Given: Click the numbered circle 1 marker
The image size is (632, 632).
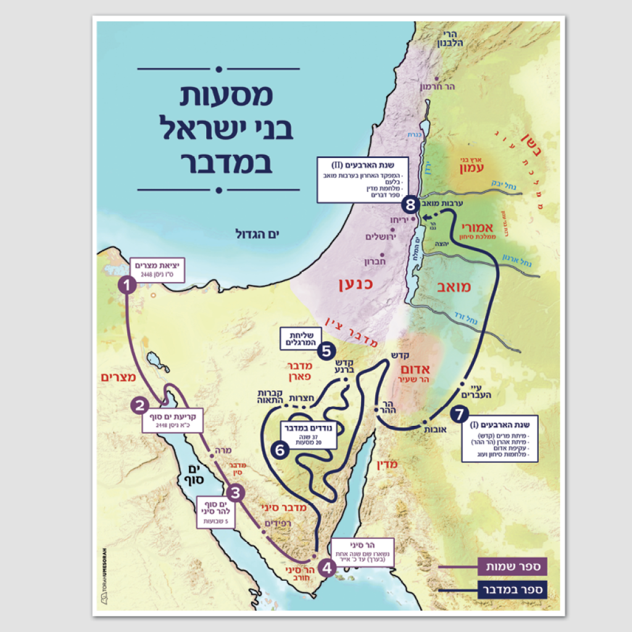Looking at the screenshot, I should click(127, 285).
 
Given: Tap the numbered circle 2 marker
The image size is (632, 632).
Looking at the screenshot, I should click(140, 405).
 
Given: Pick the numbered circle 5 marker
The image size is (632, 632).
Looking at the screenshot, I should click(326, 351).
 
